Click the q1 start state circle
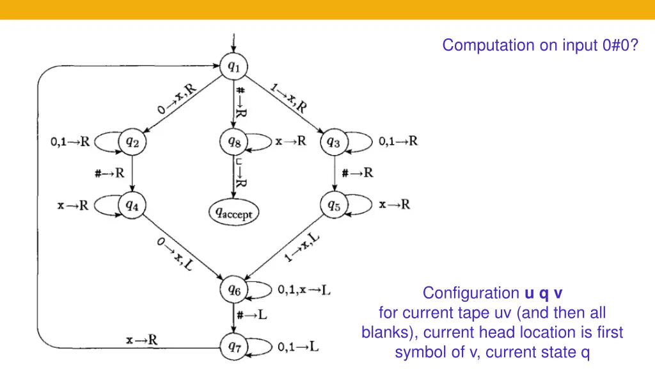pos(233,66)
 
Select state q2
pos(132,142)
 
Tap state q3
pos(334,142)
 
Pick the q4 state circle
pos(132,205)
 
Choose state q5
pos(334,205)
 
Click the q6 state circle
pos(233,290)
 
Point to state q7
pos(233,347)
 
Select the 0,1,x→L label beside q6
pos(304,290)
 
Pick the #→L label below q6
pos(252,315)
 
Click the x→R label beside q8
pos(290,141)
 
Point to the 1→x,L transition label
pos(302,249)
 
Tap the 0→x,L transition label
pos(174,252)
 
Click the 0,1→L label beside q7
pos(298,347)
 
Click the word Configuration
pos(471,293)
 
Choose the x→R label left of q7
pos(141,340)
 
